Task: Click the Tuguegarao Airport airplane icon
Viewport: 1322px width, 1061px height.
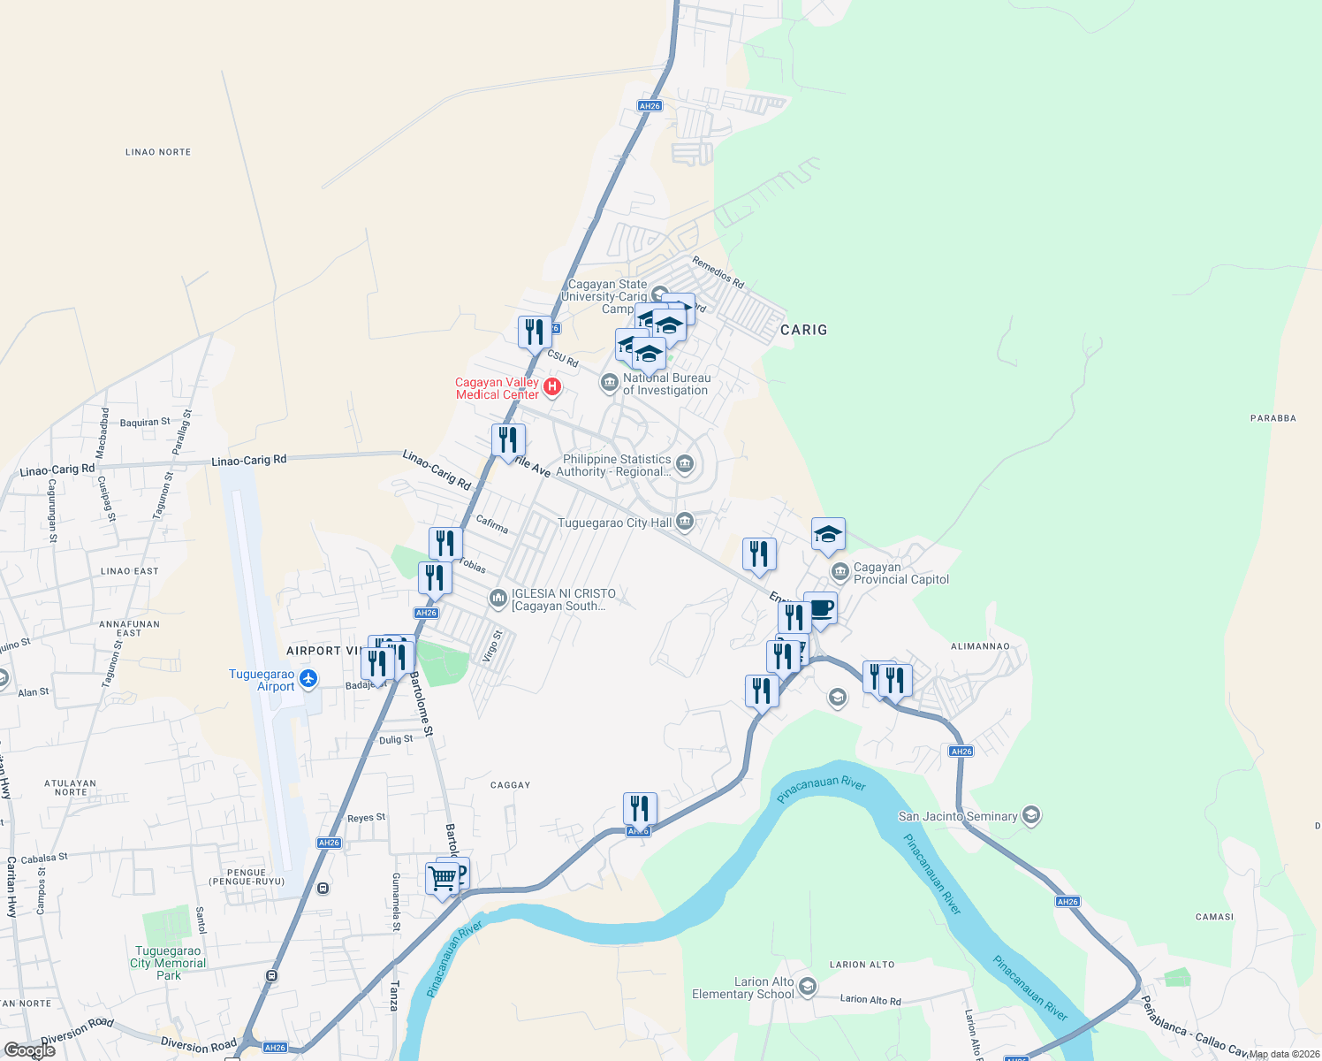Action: click(x=308, y=679)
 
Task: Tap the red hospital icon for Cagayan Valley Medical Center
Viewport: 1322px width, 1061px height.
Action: click(x=552, y=386)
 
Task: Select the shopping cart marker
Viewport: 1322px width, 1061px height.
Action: click(x=442, y=879)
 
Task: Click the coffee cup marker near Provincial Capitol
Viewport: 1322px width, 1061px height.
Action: click(x=820, y=608)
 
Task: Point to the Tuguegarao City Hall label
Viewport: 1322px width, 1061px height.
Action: click(x=614, y=523)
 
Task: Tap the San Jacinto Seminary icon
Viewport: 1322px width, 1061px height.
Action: click(x=1030, y=815)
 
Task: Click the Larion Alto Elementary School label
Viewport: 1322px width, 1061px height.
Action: click(x=743, y=988)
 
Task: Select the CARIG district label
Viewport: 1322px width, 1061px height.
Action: click(x=803, y=330)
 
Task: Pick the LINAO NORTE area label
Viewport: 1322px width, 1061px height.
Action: click(x=158, y=152)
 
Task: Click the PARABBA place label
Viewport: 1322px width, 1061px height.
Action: click(x=1273, y=418)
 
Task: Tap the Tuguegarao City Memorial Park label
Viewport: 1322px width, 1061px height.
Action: click(x=168, y=963)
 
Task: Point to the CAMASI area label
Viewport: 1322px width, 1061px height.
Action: click(x=1214, y=917)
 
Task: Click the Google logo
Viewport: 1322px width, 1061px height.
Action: click(x=30, y=1050)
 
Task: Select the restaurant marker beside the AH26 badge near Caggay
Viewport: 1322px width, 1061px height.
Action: click(x=640, y=808)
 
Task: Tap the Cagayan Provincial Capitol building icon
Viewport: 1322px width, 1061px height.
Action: click(x=840, y=572)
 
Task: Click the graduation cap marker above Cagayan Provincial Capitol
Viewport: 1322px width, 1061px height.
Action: click(x=828, y=534)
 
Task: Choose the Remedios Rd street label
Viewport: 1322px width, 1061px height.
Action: click(x=718, y=272)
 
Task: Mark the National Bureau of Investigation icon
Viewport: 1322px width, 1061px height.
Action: click(x=609, y=382)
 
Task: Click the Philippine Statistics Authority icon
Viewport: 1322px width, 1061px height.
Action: click(x=684, y=463)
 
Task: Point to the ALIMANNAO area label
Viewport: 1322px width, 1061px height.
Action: click(x=980, y=646)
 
